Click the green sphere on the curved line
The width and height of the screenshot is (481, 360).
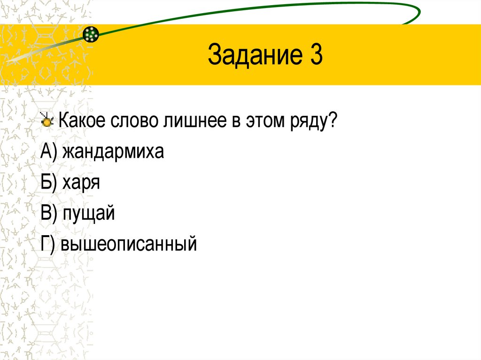[91, 34]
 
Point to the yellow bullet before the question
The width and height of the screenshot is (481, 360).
[47, 122]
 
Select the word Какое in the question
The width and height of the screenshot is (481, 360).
[82, 122]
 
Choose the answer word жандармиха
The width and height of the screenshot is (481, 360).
[112, 152]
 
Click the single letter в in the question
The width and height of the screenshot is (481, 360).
[233, 123]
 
